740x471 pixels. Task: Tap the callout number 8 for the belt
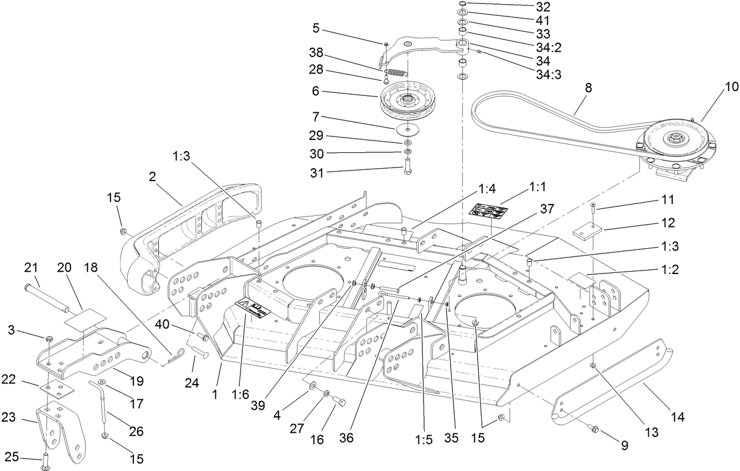coord(588,88)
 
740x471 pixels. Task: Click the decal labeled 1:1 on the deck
coord(488,210)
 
